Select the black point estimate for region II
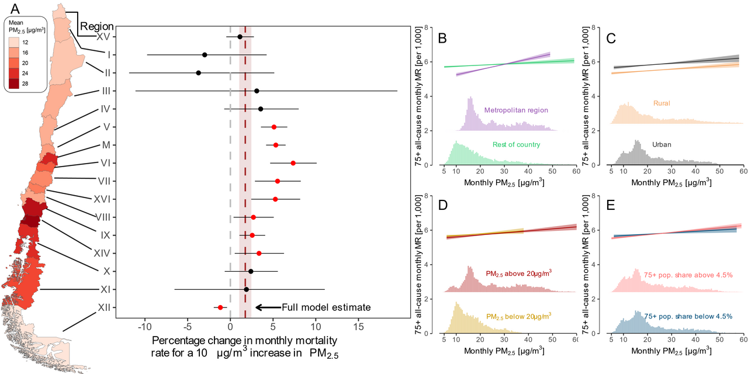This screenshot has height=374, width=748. (199, 73)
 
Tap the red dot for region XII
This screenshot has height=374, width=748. (220, 307)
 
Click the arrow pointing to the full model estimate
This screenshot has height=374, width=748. (266, 307)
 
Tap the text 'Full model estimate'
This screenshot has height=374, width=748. (326, 307)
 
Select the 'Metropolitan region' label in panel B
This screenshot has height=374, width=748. (516, 110)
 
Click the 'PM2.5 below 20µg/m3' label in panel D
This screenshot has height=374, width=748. (519, 316)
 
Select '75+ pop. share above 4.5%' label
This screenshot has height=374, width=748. (688, 275)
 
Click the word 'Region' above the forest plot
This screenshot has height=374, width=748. (97, 26)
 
